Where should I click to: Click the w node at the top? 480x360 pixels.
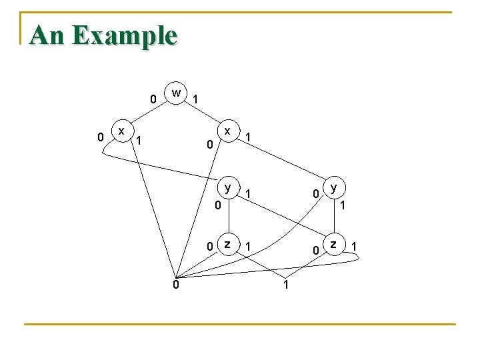tap(175, 93)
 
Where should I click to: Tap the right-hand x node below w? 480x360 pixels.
tap(228, 131)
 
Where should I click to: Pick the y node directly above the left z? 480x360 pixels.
tap(228, 188)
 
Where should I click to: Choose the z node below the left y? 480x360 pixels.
tap(228, 245)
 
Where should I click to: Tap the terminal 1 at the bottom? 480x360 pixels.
tap(285, 285)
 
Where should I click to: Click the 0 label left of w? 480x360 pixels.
tap(153, 99)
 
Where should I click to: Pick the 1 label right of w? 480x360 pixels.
tap(195, 99)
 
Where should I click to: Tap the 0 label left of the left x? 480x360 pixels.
tap(100, 137)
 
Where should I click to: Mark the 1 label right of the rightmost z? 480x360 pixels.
tap(355, 247)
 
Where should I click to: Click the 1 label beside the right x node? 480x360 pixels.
tap(248, 137)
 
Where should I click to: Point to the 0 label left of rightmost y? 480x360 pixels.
tap(316, 194)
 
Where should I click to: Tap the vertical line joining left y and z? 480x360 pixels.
tap(228, 217)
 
